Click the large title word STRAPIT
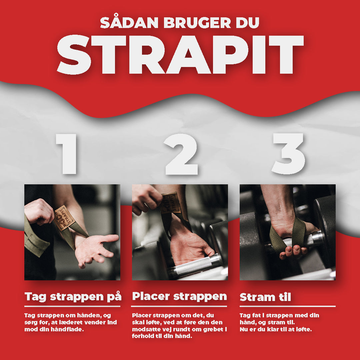180,55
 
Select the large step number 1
66,154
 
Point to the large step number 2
181,154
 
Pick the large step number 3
288,153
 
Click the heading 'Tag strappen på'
73,296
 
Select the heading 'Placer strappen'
179,296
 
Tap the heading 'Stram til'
265,297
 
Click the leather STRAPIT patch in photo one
64,218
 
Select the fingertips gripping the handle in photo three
293,251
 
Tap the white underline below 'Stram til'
287,306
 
